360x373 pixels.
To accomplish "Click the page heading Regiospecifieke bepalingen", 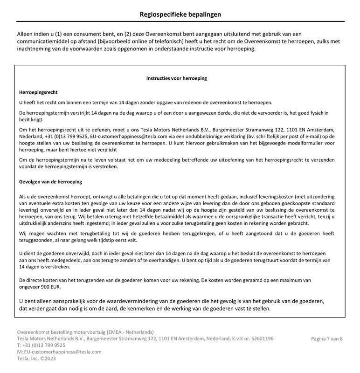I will (180, 14).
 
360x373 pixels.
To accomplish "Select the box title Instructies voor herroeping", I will (177, 79).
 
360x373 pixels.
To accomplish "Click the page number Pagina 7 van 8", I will (327, 338).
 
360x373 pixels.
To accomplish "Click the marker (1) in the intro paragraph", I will (58, 34).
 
